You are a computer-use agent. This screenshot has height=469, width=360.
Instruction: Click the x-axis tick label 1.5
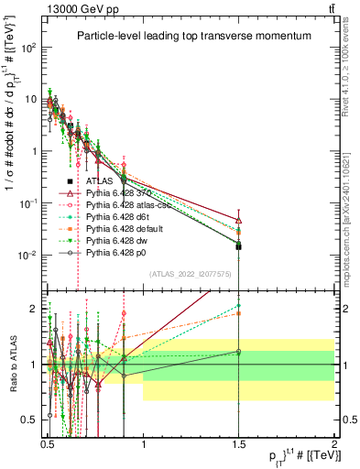click(x=238, y=441)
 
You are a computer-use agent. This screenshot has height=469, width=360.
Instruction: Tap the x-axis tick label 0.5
click(x=48, y=441)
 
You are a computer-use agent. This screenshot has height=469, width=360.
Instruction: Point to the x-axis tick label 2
click(x=333, y=441)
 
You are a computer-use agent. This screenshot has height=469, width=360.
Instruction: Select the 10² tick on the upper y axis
click(x=29, y=48)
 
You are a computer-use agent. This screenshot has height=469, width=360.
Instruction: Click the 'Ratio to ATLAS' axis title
click(x=11, y=364)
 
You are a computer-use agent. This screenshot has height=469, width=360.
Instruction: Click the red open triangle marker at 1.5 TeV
click(x=238, y=221)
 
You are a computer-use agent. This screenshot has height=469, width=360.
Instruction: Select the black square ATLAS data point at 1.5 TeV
click(x=238, y=246)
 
